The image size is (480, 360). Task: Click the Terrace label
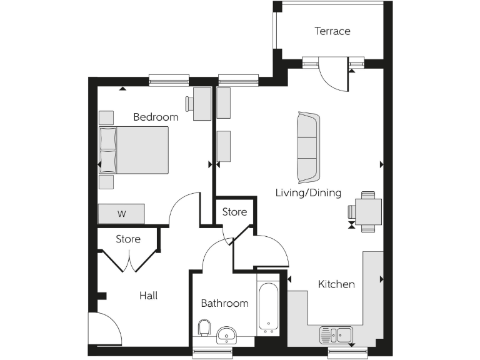tap(332, 31)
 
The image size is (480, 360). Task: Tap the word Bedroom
tap(156, 117)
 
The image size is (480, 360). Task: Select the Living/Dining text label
tap(308, 192)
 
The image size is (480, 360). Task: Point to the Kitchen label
tap(336, 284)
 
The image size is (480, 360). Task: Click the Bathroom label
tap(224, 304)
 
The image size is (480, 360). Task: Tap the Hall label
tap(148, 296)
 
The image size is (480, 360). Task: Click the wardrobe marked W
tap(121, 214)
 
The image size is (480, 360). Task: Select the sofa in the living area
tap(307, 145)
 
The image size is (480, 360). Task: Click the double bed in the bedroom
tap(134, 150)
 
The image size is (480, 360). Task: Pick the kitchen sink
tap(336, 334)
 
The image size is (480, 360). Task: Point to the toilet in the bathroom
tap(204, 329)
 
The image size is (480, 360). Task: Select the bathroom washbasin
tap(226, 336)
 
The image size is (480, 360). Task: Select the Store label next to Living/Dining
tap(234, 212)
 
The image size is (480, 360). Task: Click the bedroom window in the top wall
tap(169, 80)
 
